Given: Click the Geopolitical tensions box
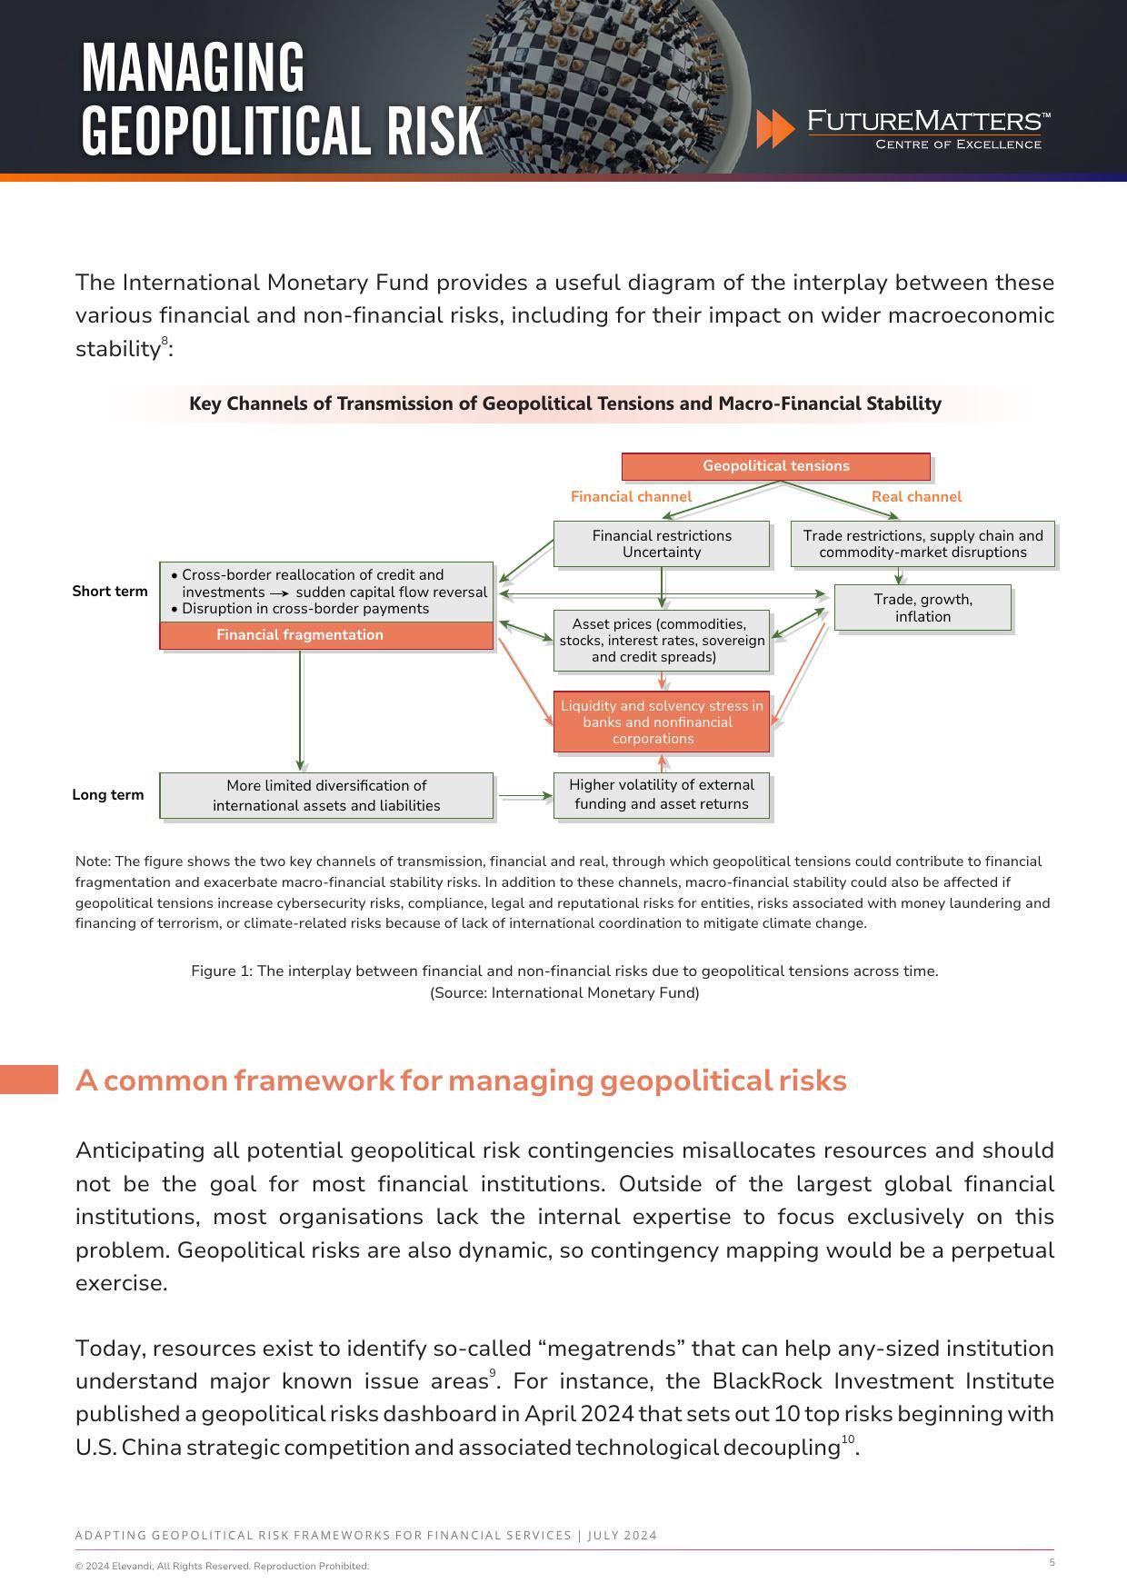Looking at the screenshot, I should (775, 466).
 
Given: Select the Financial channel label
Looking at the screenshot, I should (631, 496).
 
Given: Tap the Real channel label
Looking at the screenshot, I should (916, 496).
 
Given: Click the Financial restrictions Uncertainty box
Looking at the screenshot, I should (662, 543).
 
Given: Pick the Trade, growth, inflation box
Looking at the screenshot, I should (923, 608).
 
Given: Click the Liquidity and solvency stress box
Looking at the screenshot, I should (662, 722).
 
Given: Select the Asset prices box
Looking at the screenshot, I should (662, 641).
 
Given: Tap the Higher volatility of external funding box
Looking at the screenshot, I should (662, 795).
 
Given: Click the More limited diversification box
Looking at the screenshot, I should (326, 796).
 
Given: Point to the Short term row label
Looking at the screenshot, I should (110, 592).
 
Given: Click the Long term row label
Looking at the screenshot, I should (108, 795).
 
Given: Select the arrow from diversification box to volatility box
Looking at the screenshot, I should (524, 796).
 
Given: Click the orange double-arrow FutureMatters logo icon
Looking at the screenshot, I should (775, 129).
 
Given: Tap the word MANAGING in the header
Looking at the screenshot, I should (193, 68).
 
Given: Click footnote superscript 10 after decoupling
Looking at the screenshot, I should (847, 1439).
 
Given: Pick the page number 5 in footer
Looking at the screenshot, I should (1052, 1562).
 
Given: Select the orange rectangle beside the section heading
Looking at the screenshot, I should (29, 1080).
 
